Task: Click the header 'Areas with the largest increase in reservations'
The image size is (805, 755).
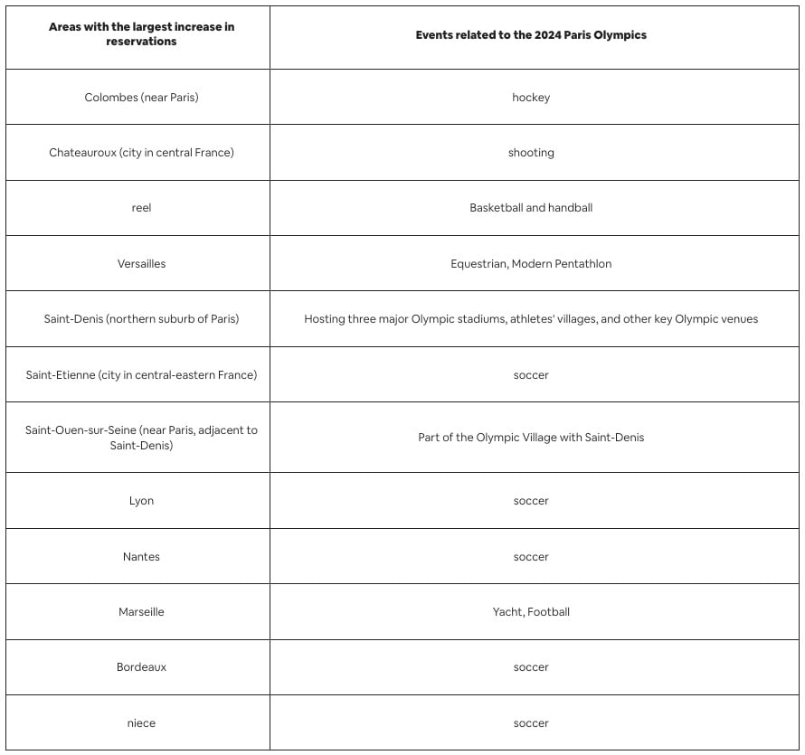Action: [141, 34]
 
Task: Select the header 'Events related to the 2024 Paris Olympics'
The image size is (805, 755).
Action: [531, 35]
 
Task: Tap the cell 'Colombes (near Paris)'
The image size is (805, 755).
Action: [141, 98]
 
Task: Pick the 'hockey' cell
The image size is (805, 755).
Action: [531, 98]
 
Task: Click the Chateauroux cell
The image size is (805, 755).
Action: [141, 153]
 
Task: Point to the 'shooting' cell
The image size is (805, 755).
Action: [531, 153]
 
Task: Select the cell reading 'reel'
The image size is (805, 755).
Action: [141, 208]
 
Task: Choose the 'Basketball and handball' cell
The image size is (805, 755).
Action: [531, 208]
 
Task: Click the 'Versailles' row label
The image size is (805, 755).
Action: [141, 264]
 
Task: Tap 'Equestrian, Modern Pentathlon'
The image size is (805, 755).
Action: [531, 264]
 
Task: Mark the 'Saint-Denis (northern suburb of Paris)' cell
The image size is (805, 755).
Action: [141, 319]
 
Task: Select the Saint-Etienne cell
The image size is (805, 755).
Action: [141, 374]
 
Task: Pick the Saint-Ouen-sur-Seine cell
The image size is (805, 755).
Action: [141, 438]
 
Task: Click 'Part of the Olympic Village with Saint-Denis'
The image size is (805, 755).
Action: [531, 438]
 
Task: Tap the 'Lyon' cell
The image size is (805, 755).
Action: [141, 501]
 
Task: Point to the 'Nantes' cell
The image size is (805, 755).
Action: [141, 557]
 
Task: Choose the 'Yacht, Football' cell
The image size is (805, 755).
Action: [531, 612]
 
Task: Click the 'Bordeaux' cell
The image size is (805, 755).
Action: [141, 667]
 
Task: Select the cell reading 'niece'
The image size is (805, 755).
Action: [141, 723]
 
